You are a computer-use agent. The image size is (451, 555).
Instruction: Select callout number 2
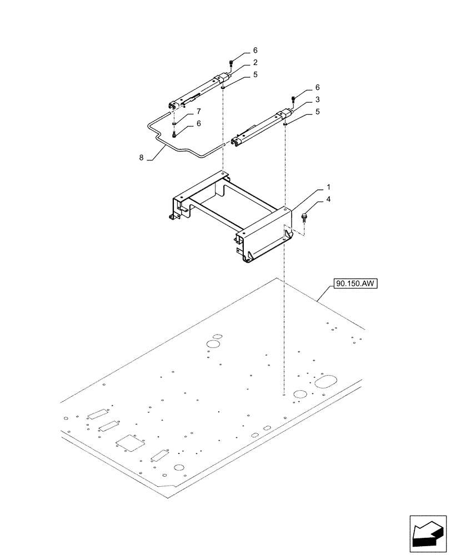tap(255, 62)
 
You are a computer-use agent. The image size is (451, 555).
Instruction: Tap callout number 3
tap(317, 100)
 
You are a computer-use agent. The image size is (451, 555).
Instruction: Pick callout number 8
tap(142, 158)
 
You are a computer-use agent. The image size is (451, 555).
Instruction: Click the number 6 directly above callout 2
tap(255, 50)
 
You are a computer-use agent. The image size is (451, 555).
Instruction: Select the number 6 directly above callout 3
tap(317, 88)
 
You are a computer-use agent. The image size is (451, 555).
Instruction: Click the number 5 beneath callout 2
tap(255, 74)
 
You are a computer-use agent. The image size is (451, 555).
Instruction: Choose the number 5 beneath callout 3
tap(317, 112)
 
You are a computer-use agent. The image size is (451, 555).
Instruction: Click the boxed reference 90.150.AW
tap(355, 284)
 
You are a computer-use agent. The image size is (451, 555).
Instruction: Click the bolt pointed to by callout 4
tap(305, 216)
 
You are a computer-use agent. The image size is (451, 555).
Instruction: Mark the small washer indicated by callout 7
tap(174, 123)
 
